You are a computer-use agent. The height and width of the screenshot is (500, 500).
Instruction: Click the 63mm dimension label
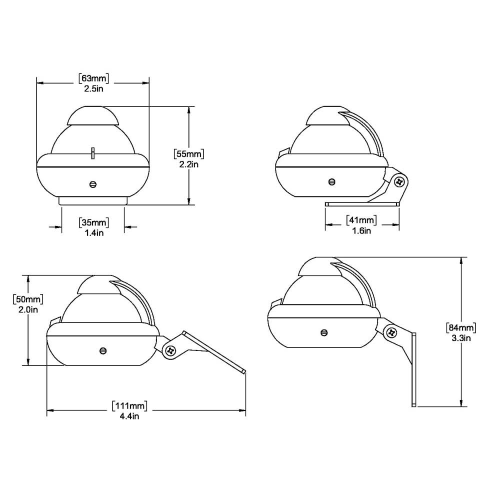click(x=93, y=77)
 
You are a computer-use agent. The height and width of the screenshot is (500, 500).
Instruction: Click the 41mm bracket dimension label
click(x=361, y=219)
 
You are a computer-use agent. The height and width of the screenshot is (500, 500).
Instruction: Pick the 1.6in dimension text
click(x=361, y=230)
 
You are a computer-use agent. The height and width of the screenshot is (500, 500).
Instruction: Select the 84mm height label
click(x=460, y=327)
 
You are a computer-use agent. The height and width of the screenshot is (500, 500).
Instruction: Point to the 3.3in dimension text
click(x=460, y=338)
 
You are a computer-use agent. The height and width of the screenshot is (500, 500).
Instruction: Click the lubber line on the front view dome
click(x=93, y=152)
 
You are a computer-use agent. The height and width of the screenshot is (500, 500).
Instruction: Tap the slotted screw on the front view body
click(x=93, y=184)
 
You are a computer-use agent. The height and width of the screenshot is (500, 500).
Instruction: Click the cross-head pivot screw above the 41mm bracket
click(x=399, y=181)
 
